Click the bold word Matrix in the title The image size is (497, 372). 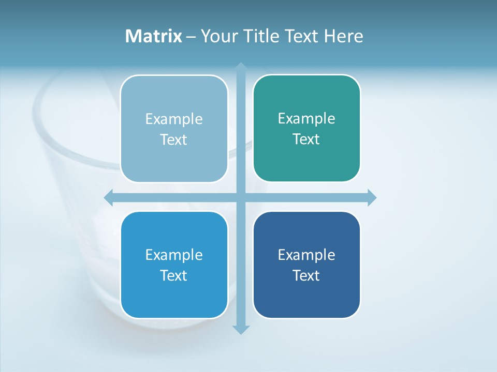pos(153,36)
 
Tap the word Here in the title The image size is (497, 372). pos(343,36)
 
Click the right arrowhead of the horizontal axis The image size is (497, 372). pos(372,197)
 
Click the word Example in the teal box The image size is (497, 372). pos(306,118)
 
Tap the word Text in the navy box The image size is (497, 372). pos(306,275)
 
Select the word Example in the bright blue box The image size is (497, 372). pos(174,255)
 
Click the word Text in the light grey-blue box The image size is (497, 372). pos(174,139)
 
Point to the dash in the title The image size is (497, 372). pos(191,37)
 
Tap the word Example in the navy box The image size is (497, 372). pos(306,255)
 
